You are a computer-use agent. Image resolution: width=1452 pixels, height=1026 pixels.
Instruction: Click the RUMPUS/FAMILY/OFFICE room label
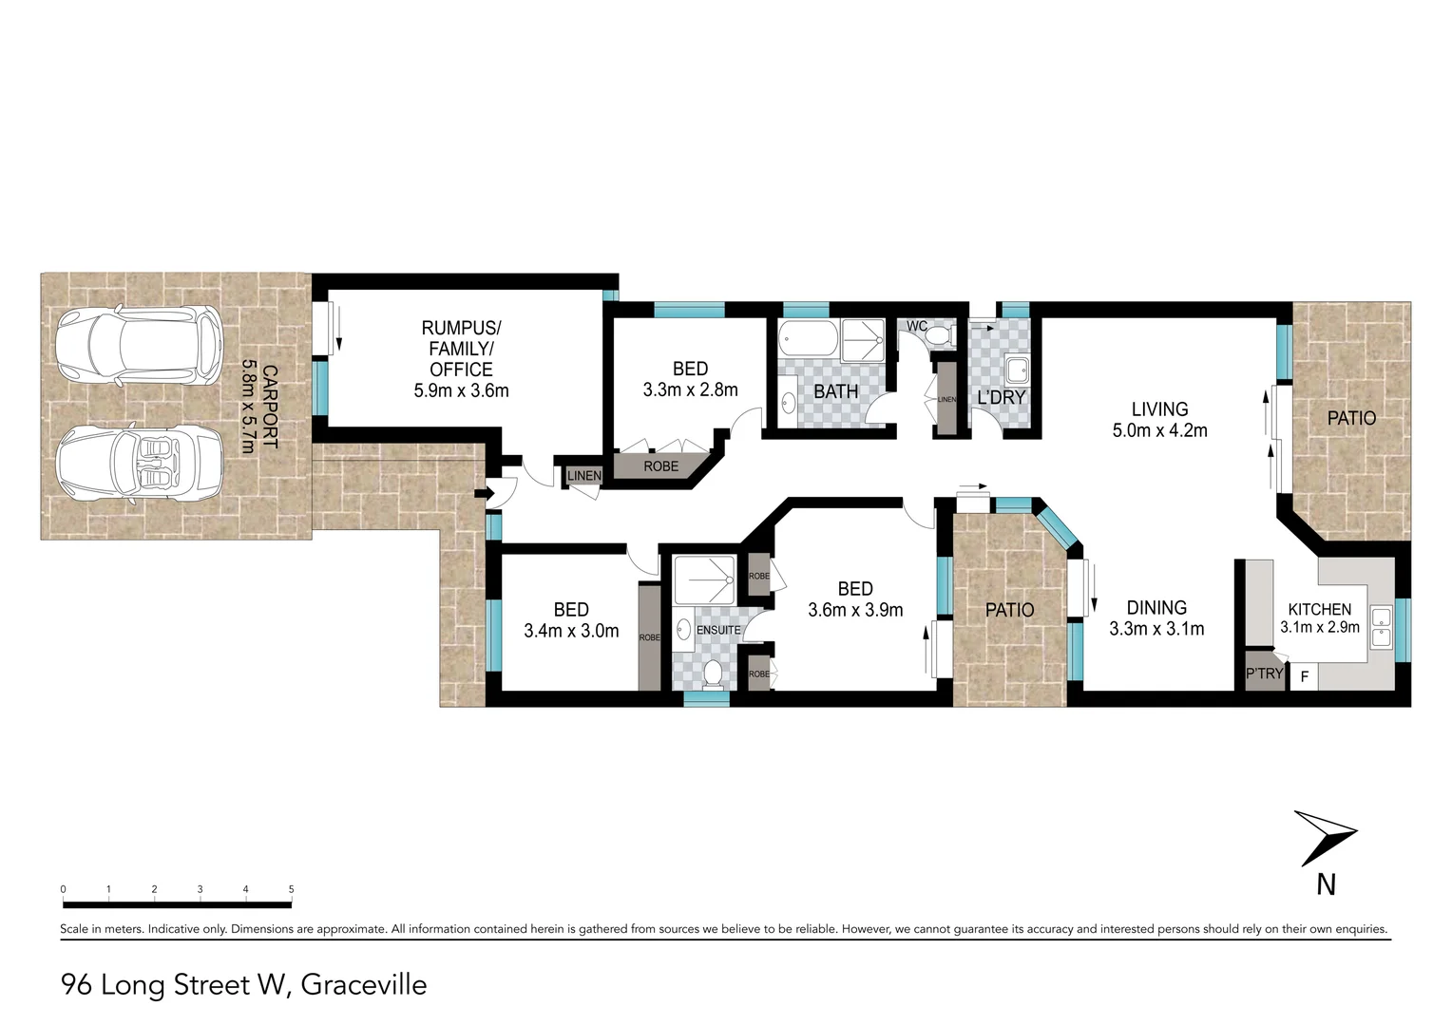tap(461, 358)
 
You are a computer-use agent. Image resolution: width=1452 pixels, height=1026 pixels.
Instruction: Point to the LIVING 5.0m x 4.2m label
tap(1159, 419)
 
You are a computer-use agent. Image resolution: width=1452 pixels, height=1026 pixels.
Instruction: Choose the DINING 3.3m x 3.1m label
tap(1156, 617)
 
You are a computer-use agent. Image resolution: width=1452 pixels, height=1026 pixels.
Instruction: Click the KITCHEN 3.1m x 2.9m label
tap(1319, 617)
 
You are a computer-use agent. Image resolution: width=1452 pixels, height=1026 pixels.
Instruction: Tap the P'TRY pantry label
tap(1264, 674)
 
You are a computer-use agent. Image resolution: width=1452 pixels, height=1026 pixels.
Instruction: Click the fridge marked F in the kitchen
tap(1305, 677)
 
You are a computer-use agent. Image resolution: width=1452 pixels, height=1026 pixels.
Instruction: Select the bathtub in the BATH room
tap(808, 339)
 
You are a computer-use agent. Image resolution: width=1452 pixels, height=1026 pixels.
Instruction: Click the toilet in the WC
tap(941, 335)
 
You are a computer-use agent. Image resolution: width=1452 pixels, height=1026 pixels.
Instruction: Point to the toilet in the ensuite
tap(713, 674)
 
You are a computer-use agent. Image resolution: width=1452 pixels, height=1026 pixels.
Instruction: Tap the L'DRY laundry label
tap(1002, 397)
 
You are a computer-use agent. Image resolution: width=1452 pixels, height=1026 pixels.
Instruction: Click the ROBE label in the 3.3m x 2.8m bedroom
tap(661, 466)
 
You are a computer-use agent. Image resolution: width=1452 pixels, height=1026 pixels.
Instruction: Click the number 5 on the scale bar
tap(291, 889)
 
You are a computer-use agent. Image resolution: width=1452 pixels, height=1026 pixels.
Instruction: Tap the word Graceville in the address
tap(364, 985)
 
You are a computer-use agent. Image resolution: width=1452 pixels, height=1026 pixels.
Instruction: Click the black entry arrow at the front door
tap(483, 493)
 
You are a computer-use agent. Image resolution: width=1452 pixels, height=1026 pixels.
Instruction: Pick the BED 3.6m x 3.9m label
tap(855, 599)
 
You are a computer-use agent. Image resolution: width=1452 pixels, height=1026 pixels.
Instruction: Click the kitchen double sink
tap(1381, 627)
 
